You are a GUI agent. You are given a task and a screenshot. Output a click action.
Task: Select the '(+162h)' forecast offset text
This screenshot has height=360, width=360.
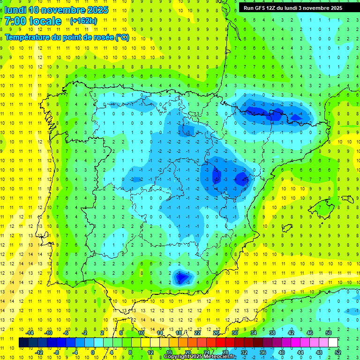tap(83, 21)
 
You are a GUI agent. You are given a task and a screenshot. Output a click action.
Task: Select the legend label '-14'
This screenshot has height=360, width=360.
tap(30, 333)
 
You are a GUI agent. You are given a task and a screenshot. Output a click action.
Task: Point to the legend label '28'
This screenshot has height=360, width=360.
tap(225, 352)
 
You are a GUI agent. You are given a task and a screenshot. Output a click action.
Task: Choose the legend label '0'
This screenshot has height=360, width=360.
tap(93, 352)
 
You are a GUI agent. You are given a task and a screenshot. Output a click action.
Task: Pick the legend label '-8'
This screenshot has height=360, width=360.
tap(57, 352)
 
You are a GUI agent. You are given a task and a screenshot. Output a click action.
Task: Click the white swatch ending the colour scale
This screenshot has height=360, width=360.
tap(333, 343)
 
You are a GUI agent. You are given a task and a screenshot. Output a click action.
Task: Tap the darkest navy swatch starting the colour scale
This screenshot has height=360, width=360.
tap(23, 343)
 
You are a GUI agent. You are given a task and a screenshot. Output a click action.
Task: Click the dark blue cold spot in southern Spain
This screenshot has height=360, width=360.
tap(180, 277)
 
